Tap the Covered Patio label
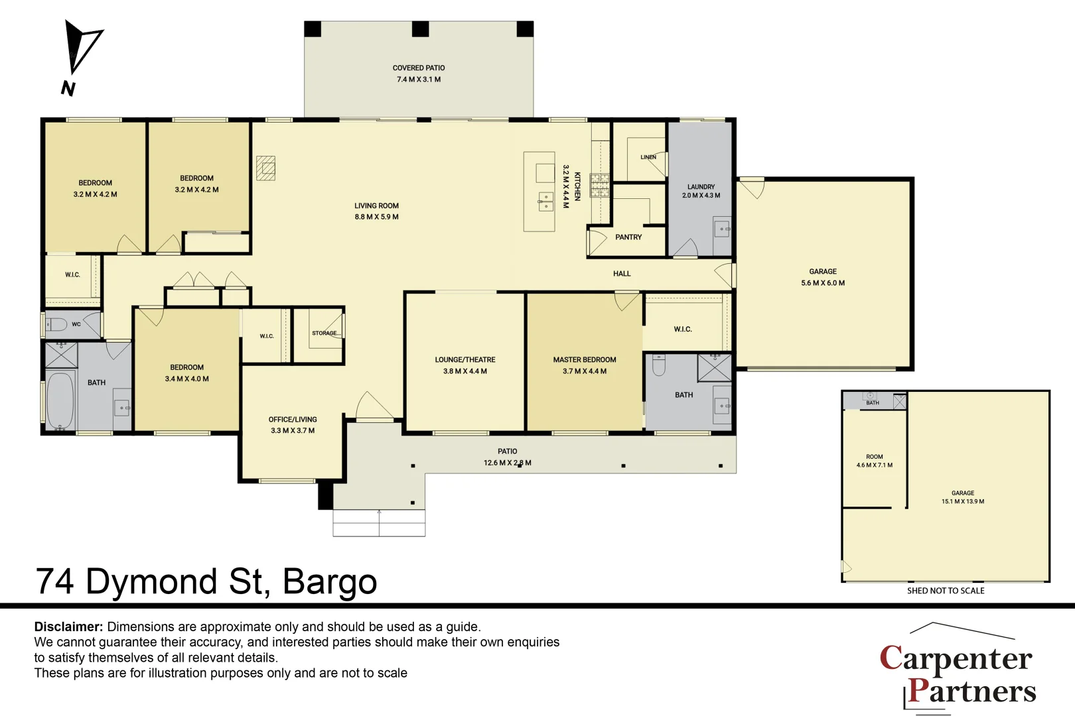419,74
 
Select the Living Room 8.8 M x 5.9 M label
377,211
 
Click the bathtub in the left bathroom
60,400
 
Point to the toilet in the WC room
56,325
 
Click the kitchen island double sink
545,202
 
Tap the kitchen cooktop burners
600,185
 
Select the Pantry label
628,237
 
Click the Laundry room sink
722,229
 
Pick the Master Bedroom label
585,365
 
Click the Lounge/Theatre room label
465,365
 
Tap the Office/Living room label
293,425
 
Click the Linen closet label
648,157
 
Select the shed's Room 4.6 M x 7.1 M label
875,461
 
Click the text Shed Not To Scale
946,591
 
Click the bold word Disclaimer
68,626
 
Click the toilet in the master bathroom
659,365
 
